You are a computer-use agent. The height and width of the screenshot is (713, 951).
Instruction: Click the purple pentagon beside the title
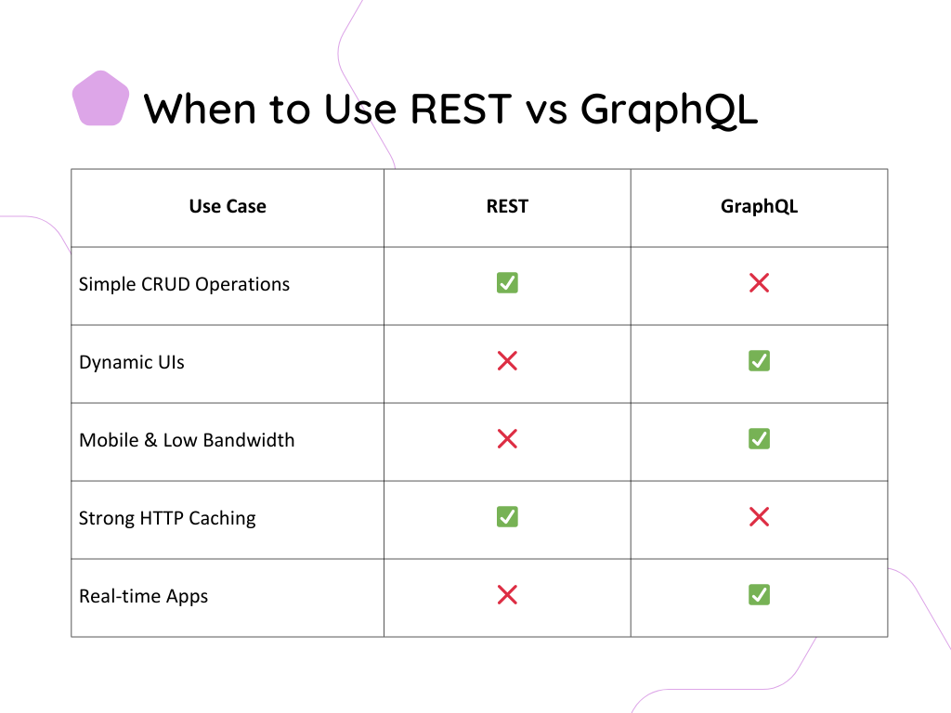(100, 98)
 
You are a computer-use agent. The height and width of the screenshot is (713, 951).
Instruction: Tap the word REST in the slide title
(461, 110)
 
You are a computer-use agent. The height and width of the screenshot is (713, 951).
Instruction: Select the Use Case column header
(228, 206)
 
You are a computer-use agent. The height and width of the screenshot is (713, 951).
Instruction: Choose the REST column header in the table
(507, 206)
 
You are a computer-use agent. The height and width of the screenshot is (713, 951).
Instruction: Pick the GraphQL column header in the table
(759, 207)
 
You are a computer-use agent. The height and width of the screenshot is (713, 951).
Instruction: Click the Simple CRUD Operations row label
(185, 284)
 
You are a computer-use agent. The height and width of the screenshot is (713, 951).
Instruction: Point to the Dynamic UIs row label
(132, 363)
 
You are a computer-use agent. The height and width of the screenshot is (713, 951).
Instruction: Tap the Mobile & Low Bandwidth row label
(187, 439)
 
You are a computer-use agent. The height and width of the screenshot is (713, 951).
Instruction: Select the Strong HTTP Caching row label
(167, 518)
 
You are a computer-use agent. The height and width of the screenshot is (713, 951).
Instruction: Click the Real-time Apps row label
(143, 596)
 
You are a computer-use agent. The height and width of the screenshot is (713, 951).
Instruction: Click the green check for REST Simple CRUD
(507, 282)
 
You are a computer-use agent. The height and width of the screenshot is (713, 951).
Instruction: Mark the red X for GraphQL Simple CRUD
(759, 282)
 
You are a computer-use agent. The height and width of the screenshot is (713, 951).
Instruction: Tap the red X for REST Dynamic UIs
(507, 361)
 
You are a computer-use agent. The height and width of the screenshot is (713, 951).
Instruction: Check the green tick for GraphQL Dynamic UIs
(759, 361)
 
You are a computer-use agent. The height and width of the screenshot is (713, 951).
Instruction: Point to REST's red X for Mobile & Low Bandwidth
(507, 438)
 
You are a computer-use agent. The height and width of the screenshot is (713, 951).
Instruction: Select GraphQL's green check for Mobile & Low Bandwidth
(759, 438)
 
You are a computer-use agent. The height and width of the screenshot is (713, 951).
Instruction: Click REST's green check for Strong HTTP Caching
(507, 516)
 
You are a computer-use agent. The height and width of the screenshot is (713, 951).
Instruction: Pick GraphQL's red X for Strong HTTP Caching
(759, 516)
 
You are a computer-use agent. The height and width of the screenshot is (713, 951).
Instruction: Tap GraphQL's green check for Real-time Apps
(759, 595)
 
